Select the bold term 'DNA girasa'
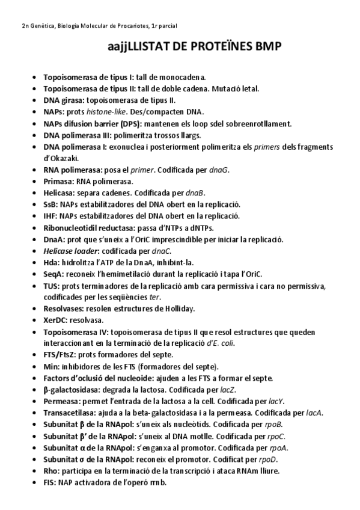(x=64, y=100)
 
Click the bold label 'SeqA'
(x=53, y=274)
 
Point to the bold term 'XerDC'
(x=56, y=320)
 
